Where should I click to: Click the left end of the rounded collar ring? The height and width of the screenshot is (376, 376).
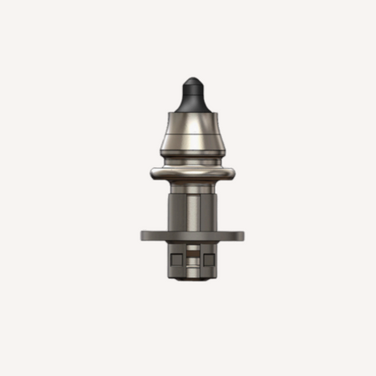click(x=153, y=175)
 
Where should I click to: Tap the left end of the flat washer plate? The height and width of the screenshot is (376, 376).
click(x=145, y=235)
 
